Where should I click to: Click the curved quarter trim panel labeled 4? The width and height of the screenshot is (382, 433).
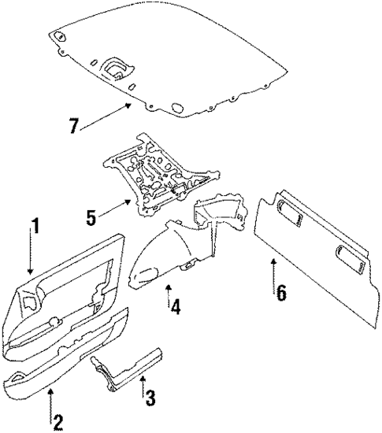(x=169, y=252)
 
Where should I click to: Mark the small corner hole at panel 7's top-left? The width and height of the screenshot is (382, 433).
(x=58, y=34)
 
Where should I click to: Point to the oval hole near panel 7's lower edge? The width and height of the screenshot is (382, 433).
(x=175, y=108)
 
